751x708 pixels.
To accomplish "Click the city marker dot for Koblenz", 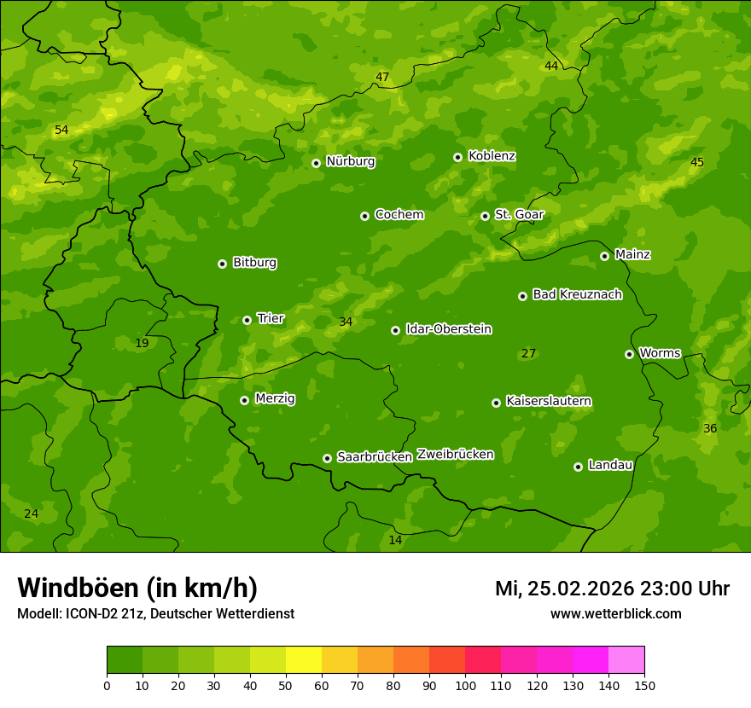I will pos(458,157).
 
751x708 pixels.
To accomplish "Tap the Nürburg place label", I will pos(350,161).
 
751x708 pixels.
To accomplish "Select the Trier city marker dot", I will pos(247,320).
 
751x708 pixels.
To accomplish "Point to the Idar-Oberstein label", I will pos(448,329).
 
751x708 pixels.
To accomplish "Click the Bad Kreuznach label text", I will pos(577,294).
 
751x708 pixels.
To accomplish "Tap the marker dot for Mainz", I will pos(604,256).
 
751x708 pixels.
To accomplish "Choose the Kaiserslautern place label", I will pos(549,401).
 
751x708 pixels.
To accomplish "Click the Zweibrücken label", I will pos(455,455).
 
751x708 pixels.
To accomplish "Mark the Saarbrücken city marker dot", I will pos(327,458).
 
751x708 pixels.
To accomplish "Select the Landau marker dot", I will pos(578,467).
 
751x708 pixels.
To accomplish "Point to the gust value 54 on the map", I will pos(61,131).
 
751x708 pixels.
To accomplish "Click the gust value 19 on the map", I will pos(142,344).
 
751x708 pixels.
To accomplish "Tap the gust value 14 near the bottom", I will pos(395,541).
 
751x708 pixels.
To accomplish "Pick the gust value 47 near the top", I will pos(382,78).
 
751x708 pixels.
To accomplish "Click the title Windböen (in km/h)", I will pos(137,588).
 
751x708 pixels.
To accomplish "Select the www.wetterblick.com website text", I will pos(615,613).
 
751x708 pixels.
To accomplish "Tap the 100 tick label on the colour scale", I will pos(465,685).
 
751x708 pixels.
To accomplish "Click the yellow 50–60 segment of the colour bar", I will pos(304,660).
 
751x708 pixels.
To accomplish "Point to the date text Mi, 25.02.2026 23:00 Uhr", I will pos(612,589).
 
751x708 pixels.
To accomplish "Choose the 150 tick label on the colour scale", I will pos(644,685).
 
